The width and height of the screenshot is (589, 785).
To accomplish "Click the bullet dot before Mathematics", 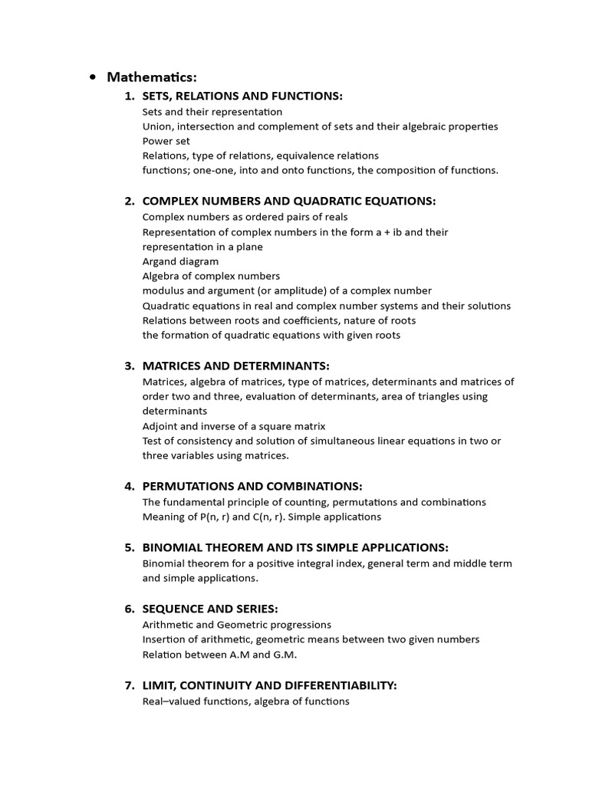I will pyautogui.click(x=93, y=77).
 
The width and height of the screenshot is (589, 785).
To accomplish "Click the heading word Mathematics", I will pyautogui.click(x=152, y=77).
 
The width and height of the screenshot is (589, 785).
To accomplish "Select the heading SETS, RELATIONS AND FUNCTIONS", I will pyautogui.click(x=242, y=96).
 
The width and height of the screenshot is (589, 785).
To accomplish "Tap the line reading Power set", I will pyautogui.click(x=166, y=141).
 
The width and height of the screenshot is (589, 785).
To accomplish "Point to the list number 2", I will pyautogui.click(x=129, y=201).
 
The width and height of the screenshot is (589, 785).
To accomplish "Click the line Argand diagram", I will pyautogui.click(x=180, y=261).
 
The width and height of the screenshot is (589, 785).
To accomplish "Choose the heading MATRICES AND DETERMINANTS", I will pyautogui.click(x=235, y=366).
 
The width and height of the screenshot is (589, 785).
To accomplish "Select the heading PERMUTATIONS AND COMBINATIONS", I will pyautogui.click(x=252, y=486).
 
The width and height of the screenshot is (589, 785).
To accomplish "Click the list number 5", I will pyautogui.click(x=129, y=547).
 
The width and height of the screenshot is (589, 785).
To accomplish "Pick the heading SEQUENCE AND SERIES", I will pyautogui.click(x=210, y=608).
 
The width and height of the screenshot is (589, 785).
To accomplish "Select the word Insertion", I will pyautogui.click(x=164, y=639).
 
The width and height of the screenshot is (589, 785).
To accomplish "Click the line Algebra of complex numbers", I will pyautogui.click(x=211, y=276).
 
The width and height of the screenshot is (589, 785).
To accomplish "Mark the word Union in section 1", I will pyautogui.click(x=156, y=126).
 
